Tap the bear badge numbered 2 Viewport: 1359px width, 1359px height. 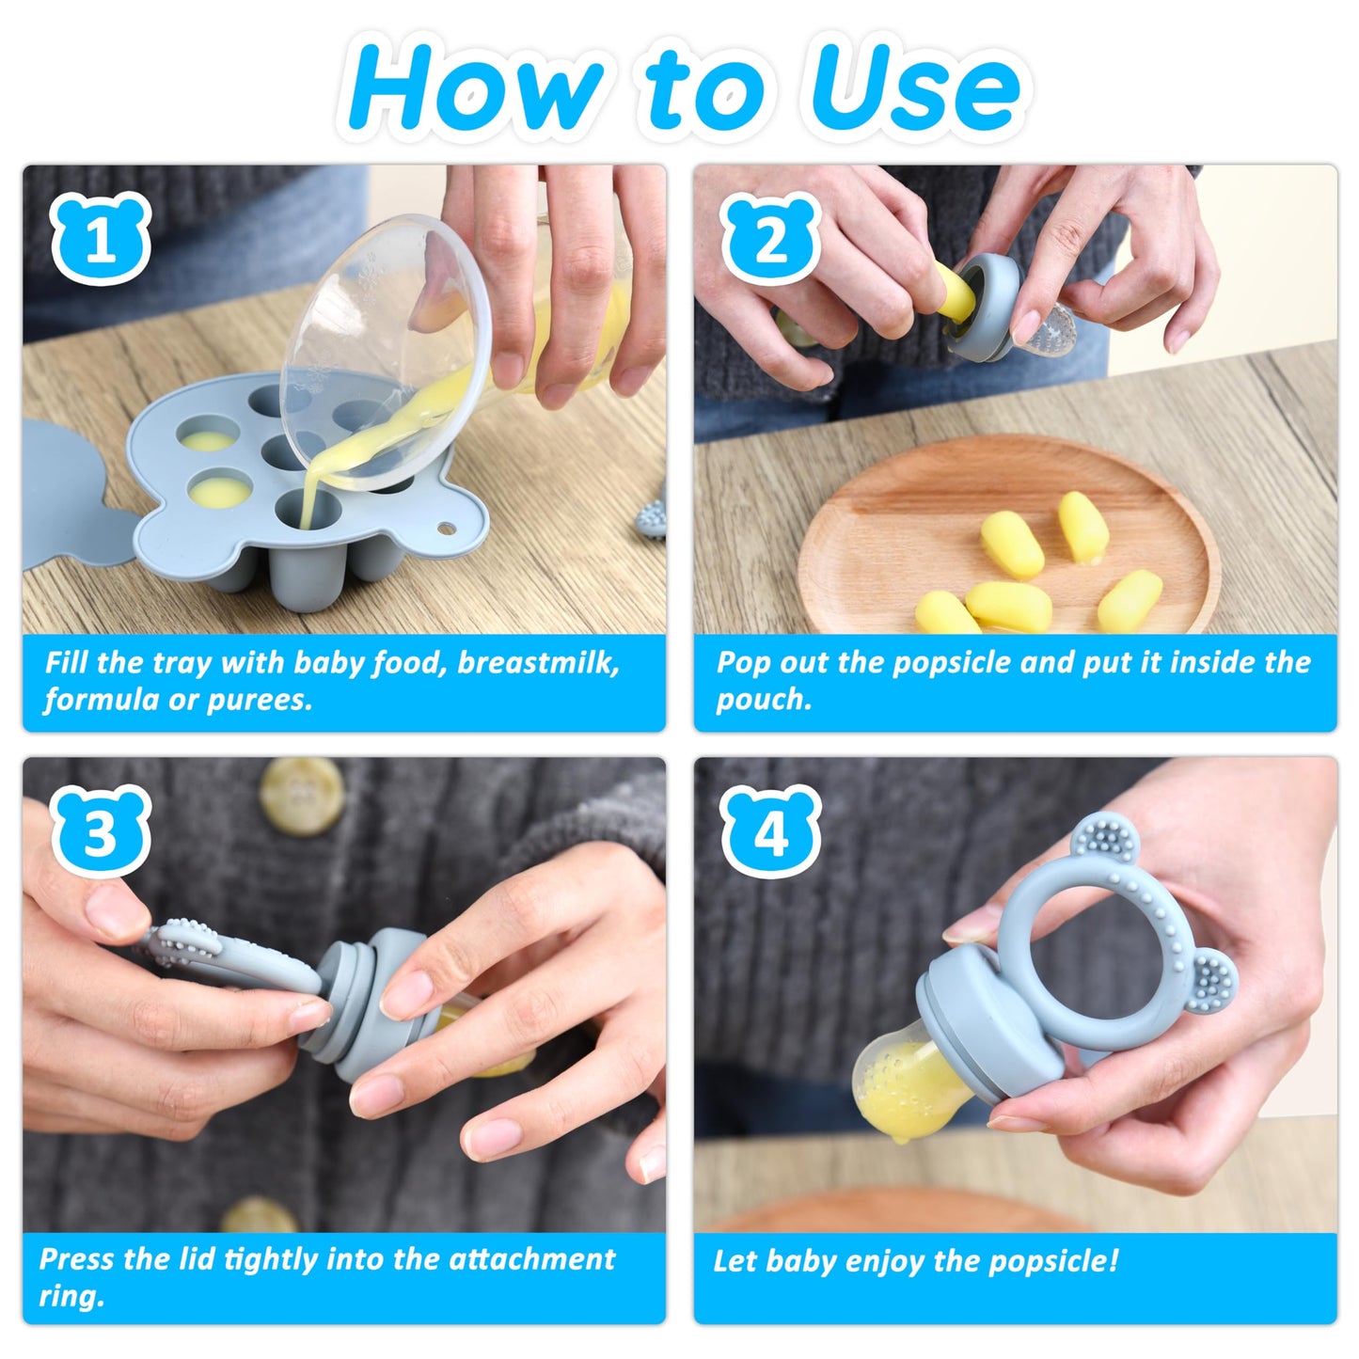pos(771,240)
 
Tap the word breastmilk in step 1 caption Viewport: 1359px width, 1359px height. pos(539,663)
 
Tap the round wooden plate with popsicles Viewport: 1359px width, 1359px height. pos(1006,536)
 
